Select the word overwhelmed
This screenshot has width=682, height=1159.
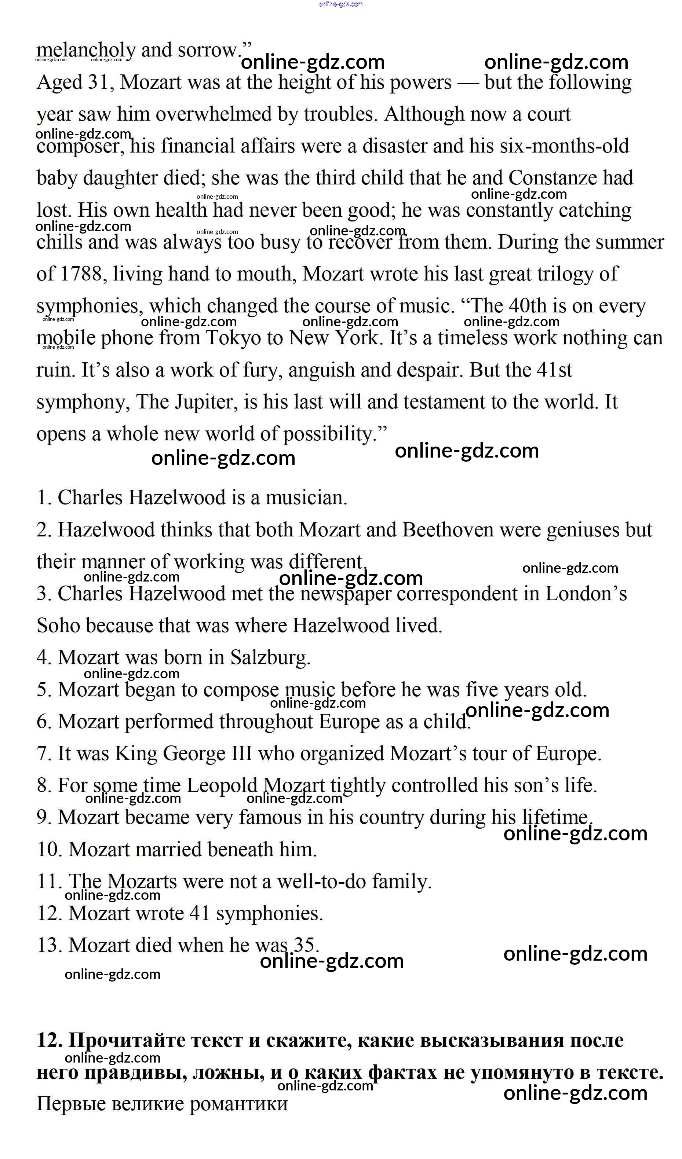214,114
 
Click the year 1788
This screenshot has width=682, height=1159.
81,274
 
